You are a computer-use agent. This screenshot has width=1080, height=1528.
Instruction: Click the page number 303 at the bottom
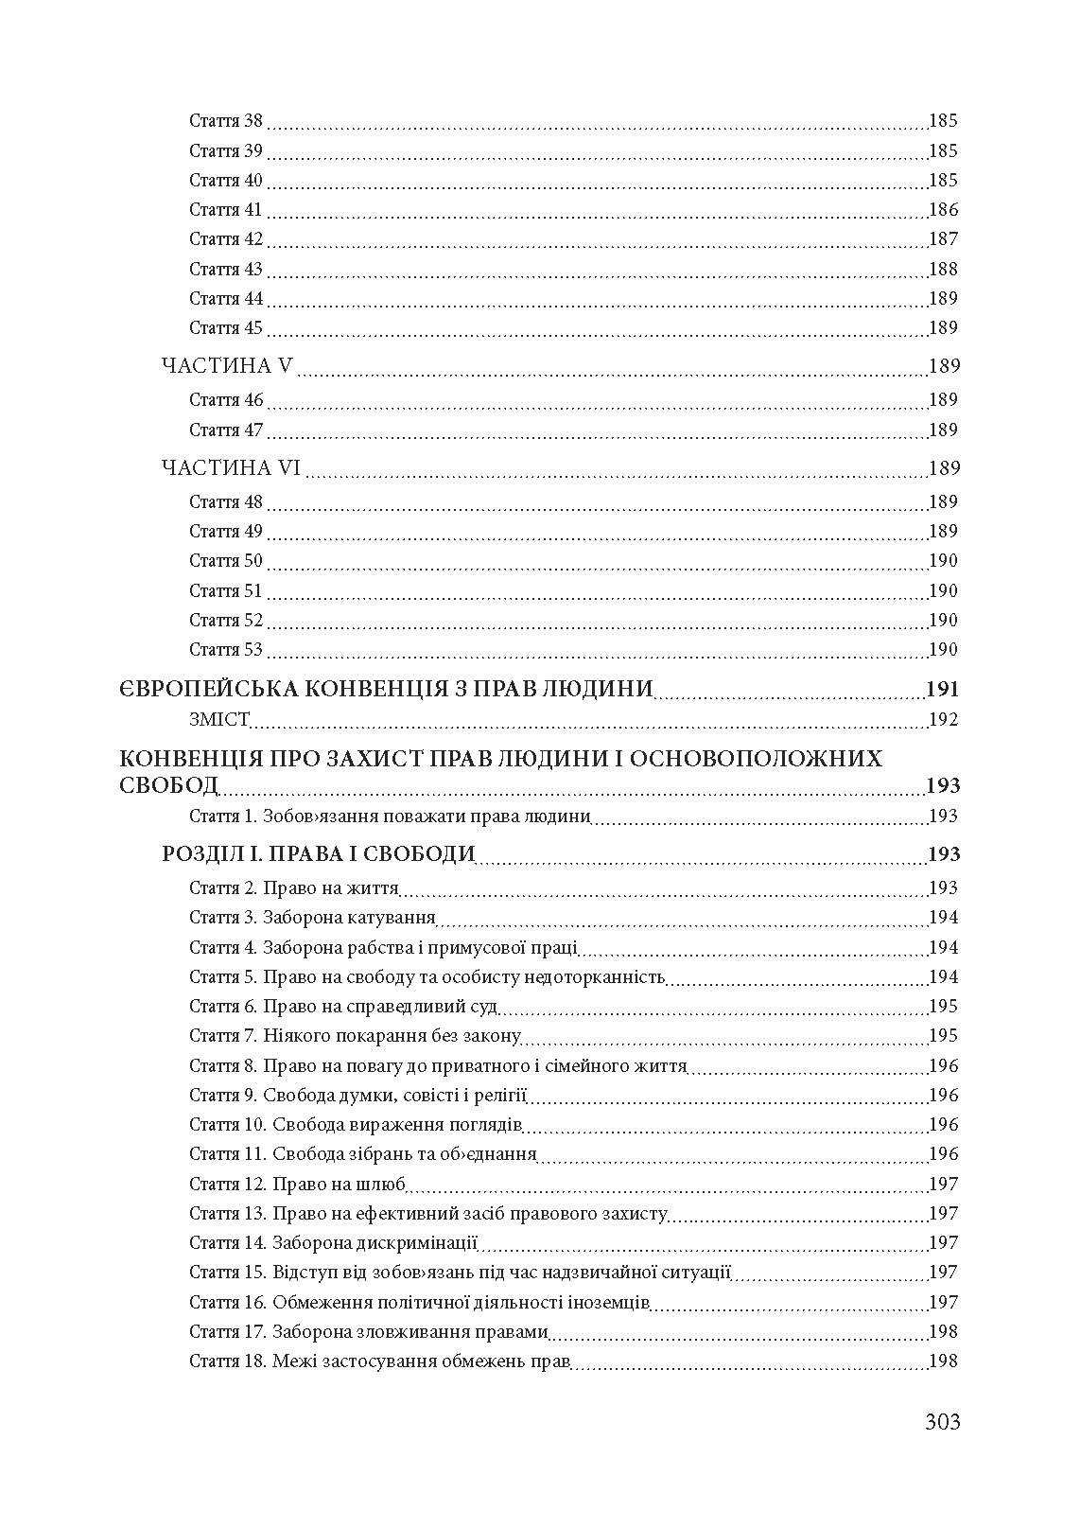[942, 1421]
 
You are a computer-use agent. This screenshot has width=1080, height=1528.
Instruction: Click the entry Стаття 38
[226, 121]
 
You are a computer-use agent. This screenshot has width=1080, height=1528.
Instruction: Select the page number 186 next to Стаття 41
[943, 210]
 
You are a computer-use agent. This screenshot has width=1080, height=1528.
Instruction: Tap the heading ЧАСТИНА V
[230, 366]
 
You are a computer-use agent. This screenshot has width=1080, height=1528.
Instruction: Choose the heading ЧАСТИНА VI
[231, 468]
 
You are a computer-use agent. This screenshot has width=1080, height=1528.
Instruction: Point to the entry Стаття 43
[226, 270]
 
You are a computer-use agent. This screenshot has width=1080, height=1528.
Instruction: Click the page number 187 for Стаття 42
[943, 239]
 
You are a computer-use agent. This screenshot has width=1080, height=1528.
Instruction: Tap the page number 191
[943, 689]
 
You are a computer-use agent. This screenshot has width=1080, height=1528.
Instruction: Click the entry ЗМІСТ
[218, 720]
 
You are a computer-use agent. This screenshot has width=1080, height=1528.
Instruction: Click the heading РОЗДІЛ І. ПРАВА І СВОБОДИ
[319, 854]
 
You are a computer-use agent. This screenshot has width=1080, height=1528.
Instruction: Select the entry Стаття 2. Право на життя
[294, 888]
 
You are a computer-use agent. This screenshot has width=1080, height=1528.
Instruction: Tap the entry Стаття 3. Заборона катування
[312, 918]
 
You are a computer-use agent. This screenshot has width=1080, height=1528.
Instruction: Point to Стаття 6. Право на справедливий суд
[343, 1007]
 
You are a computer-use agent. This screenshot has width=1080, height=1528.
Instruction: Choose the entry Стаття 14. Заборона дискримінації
[334, 1243]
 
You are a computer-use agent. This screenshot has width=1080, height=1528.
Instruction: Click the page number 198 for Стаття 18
[943, 1361]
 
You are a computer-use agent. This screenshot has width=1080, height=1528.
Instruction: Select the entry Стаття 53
[226, 650]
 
